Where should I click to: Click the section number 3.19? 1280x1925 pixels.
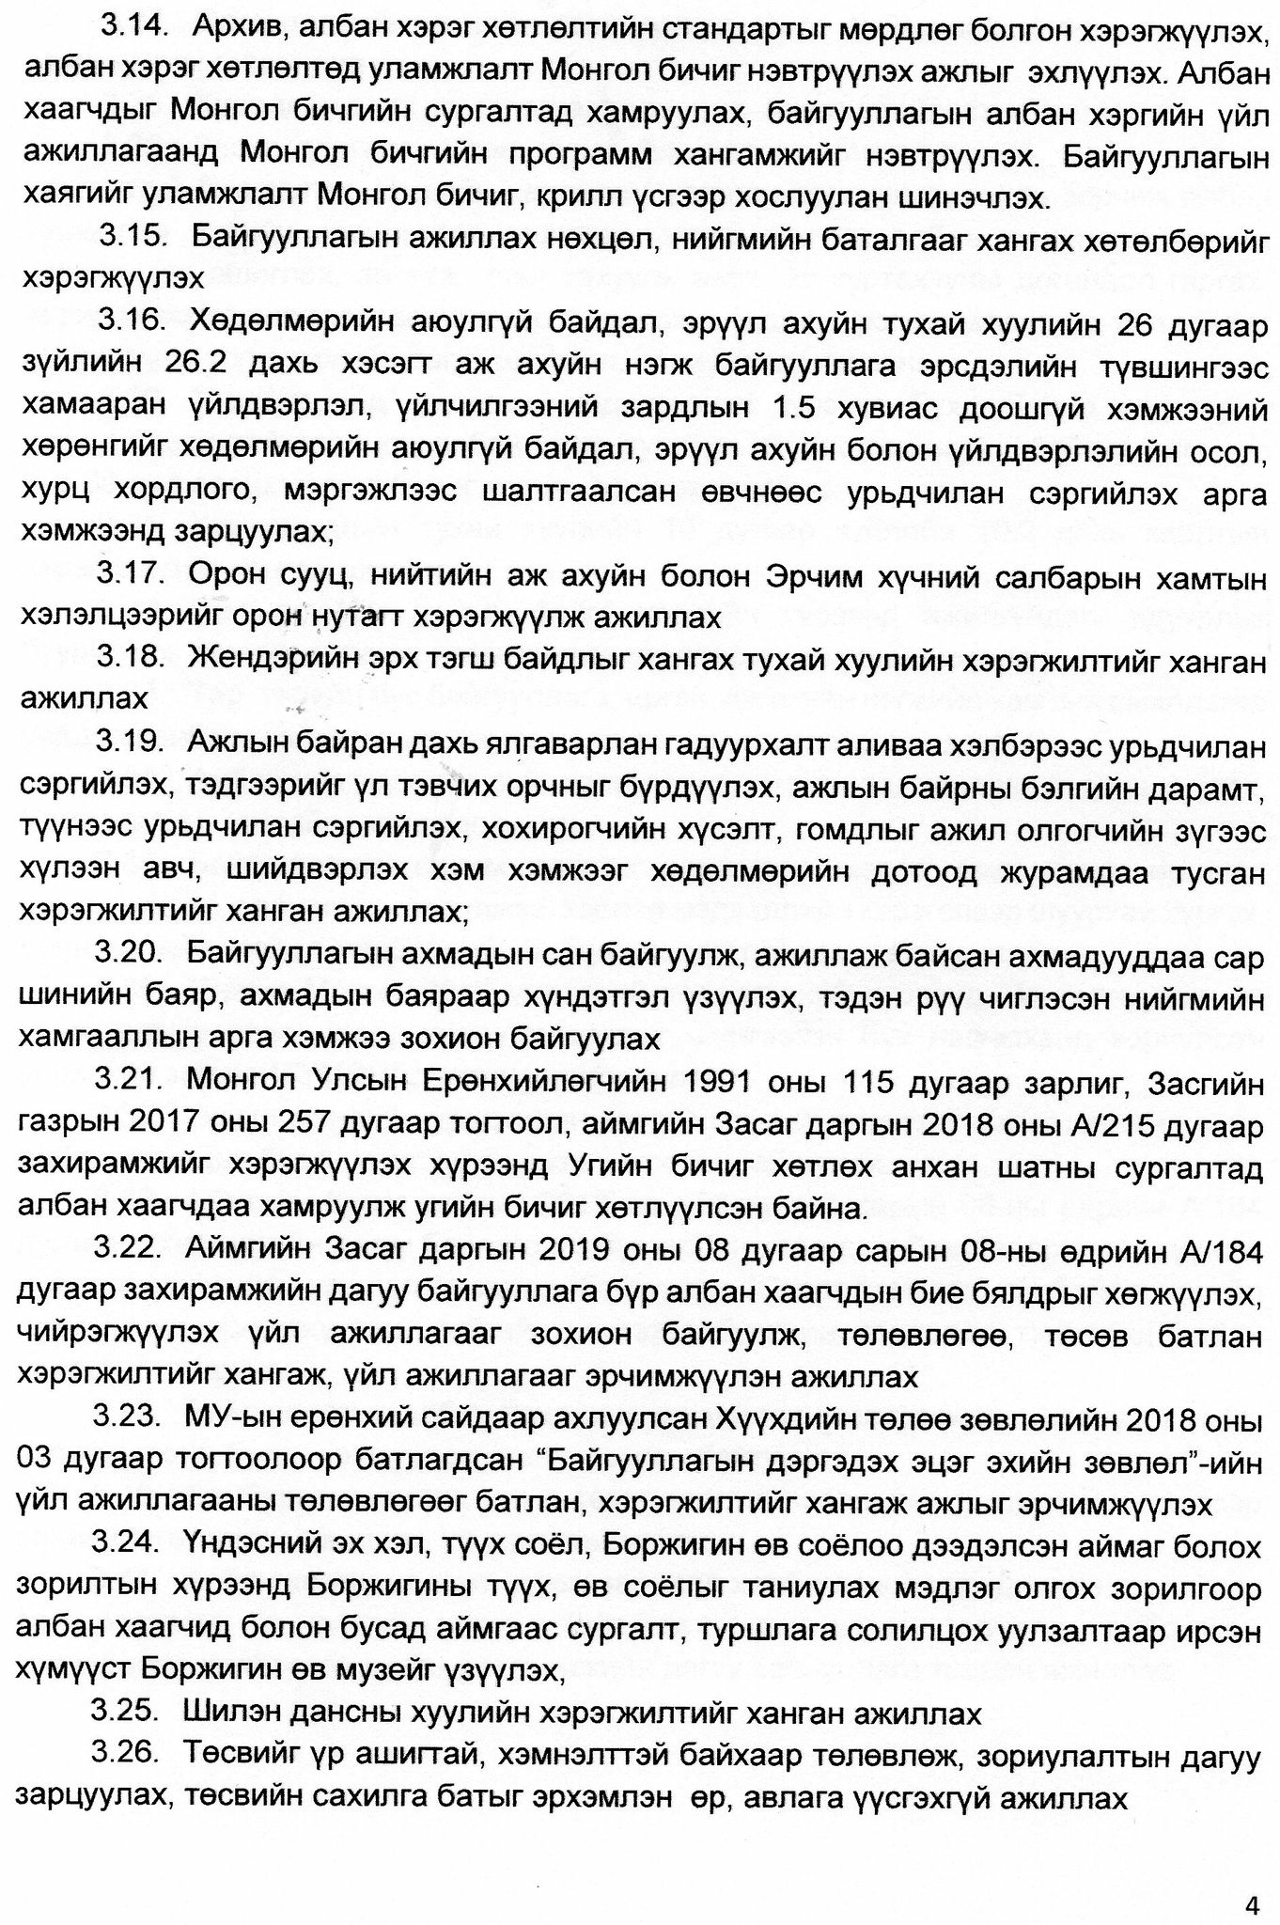pyautogui.click(x=130, y=743)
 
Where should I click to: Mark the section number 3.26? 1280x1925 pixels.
pyautogui.click(x=126, y=1755)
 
